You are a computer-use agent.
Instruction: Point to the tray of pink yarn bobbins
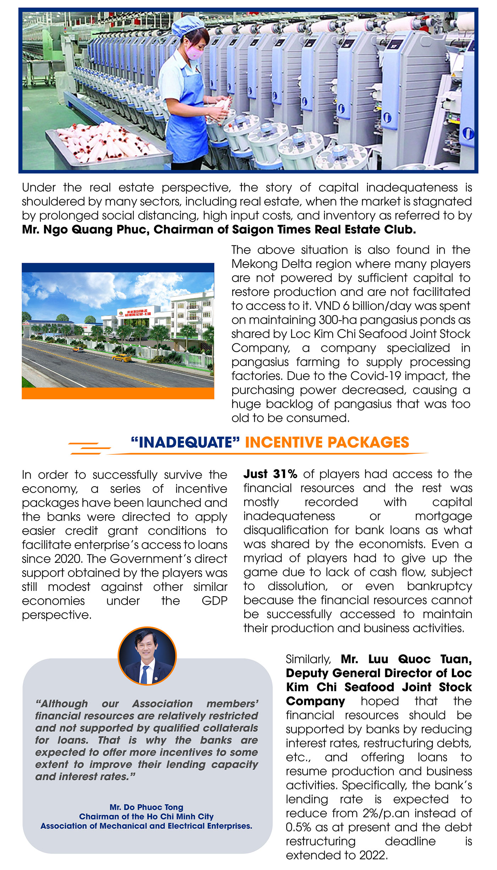coord(103,142)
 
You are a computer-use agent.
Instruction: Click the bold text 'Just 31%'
coord(270,474)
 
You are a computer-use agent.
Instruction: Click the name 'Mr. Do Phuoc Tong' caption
coord(146,807)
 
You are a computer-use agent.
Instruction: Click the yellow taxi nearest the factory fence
coord(121,358)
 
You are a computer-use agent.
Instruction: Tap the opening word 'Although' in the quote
coord(62,704)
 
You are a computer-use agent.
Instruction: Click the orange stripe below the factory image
coord(118,393)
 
